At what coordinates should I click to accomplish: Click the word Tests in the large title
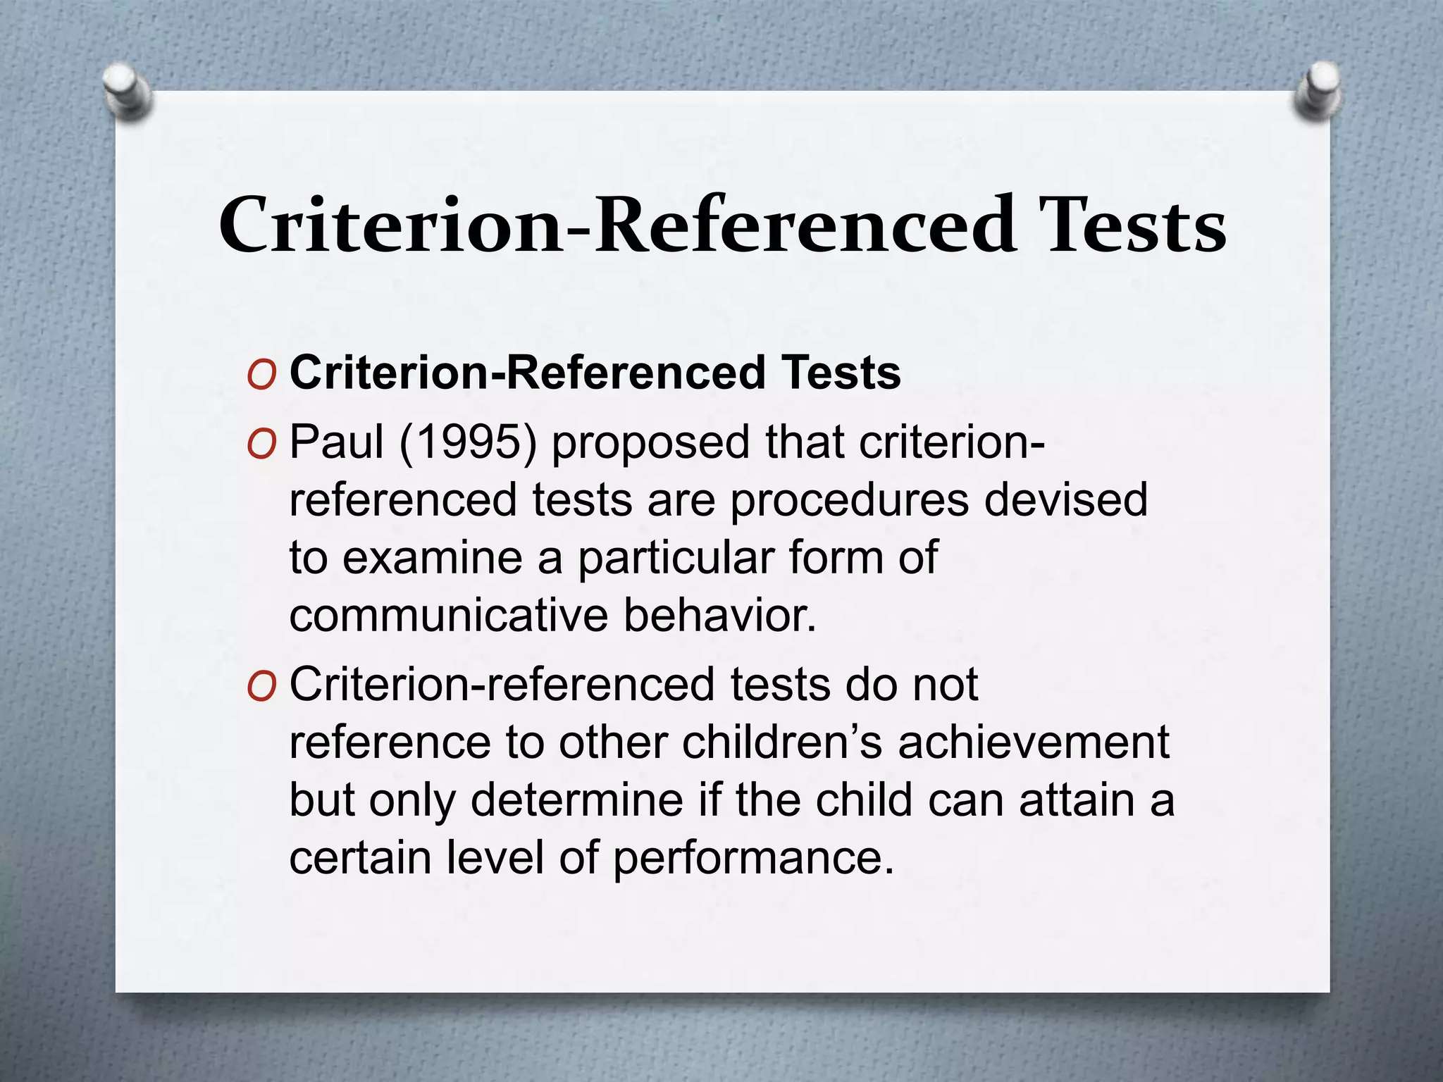click(1135, 225)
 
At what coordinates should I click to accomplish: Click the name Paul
click(336, 443)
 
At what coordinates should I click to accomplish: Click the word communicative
click(448, 616)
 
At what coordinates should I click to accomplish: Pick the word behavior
click(719, 616)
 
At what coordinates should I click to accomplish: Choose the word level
click(494, 858)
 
